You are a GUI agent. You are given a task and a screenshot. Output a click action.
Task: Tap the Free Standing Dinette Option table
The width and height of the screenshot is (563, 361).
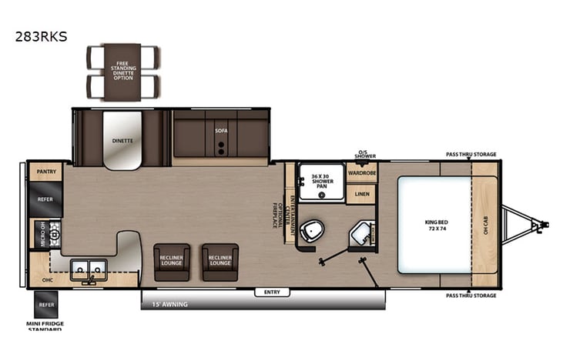click(122, 70)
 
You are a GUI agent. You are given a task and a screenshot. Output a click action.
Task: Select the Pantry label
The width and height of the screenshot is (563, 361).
click(45, 172)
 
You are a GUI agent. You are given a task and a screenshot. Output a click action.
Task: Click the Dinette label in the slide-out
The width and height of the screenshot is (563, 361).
click(122, 141)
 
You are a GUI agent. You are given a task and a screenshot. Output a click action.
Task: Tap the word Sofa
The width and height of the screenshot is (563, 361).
click(220, 132)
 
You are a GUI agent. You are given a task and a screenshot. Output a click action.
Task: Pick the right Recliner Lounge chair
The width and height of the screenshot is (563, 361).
click(220, 262)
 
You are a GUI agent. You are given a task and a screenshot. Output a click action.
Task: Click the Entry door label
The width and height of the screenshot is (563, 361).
click(272, 292)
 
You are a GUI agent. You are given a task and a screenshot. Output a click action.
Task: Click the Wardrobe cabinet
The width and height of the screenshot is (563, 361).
click(361, 172)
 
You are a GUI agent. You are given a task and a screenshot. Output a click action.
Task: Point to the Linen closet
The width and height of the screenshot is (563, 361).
click(360, 195)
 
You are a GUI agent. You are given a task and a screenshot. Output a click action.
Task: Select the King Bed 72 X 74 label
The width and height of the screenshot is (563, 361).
click(435, 225)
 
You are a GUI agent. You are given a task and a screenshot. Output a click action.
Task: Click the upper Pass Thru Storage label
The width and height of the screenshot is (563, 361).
click(471, 154)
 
